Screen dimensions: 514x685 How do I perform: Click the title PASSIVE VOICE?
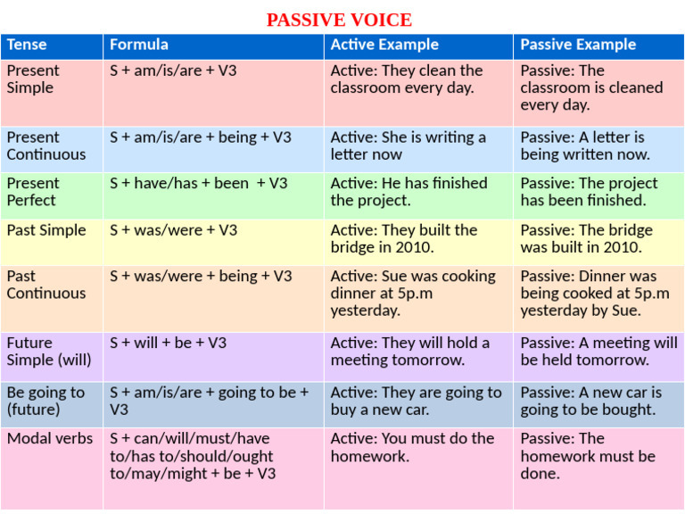coord(339,20)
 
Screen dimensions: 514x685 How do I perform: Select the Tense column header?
coord(27,45)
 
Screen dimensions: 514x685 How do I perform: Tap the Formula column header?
coord(138,45)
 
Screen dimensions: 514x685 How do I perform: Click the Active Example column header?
coord(384,45)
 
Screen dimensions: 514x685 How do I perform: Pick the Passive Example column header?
coord(578,45)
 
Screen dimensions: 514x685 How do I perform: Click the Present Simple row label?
coord(33,79)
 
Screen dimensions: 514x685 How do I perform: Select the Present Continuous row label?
coord(46,145)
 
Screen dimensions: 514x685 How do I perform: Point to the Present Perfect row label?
coord(33,192)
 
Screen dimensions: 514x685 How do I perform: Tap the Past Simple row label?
coord(46,230)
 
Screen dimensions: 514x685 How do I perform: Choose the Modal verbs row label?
coord(50,438)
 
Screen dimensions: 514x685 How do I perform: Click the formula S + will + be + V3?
coord(168,343)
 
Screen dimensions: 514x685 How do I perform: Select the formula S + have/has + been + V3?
coord(198,184)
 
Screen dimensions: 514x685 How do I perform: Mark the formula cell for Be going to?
coord(209,401)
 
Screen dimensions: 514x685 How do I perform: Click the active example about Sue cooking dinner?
coord(412,293)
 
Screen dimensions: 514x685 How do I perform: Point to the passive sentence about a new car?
coord(590,401)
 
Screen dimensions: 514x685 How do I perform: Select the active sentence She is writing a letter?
coord(408,145)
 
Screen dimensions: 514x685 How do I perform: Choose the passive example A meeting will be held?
coord(598,351)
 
